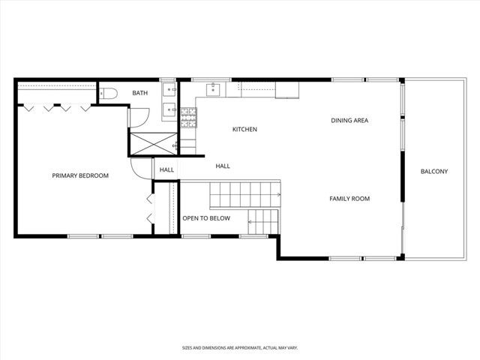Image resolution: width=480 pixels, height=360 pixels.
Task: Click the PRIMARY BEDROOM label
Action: (x=80, y=175)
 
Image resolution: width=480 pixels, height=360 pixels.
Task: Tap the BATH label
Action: (x=140, y=93)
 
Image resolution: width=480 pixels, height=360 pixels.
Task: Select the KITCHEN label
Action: (x=244, y=130)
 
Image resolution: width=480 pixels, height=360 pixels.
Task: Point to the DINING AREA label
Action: (x=349, y=120)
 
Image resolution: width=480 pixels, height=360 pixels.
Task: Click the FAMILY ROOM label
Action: (x=349, y=199)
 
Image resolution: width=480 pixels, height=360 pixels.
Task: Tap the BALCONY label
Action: (x=433, y=172)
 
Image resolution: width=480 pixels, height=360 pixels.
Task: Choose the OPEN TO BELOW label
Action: (x=206, y=219)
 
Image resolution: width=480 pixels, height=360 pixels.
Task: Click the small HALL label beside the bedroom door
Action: (x=166, y=170)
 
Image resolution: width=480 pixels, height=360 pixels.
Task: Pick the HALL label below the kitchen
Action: (x=223, y=166)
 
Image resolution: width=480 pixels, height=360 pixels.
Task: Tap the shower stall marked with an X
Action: (x=153, y=142)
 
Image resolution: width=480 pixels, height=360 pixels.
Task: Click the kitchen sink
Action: (x=213, y=90)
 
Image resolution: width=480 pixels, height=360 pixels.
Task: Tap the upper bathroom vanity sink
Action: (x=170, y=89)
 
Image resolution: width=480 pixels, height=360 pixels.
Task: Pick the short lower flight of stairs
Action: (x=262, y=220)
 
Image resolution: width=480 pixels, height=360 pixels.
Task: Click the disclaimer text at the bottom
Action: (x=239, y=348)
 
